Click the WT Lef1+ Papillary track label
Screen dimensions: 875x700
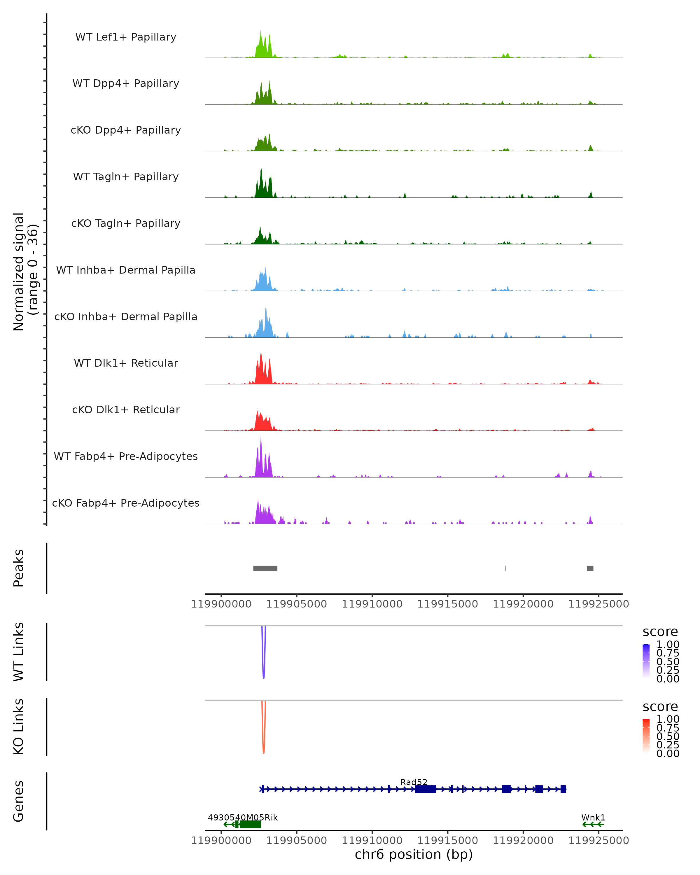tap(126, 37)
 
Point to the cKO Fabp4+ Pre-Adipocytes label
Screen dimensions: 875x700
tap(126, 503)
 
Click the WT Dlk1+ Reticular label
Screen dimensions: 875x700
tap(126, 363)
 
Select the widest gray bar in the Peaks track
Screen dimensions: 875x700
tap(265, 568)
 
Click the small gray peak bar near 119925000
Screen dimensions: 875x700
tap(590, 568)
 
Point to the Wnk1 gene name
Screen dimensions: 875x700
tap(593, 817)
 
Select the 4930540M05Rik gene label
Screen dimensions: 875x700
tap(243, 817)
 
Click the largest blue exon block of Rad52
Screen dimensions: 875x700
tap(425, 789)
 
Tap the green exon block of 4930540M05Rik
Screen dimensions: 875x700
tap(250, 824)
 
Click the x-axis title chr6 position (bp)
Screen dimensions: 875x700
tap(414, 854)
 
